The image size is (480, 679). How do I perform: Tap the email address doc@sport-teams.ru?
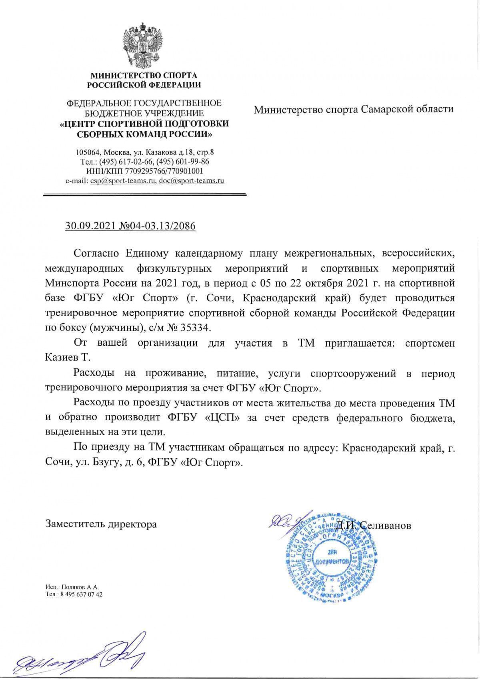191,181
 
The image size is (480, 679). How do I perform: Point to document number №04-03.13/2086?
158,226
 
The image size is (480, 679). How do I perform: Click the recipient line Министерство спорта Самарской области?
354,109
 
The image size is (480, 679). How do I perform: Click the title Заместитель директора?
101,524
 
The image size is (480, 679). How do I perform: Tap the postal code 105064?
87,152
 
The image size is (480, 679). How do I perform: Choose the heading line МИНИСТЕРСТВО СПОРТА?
144,75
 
